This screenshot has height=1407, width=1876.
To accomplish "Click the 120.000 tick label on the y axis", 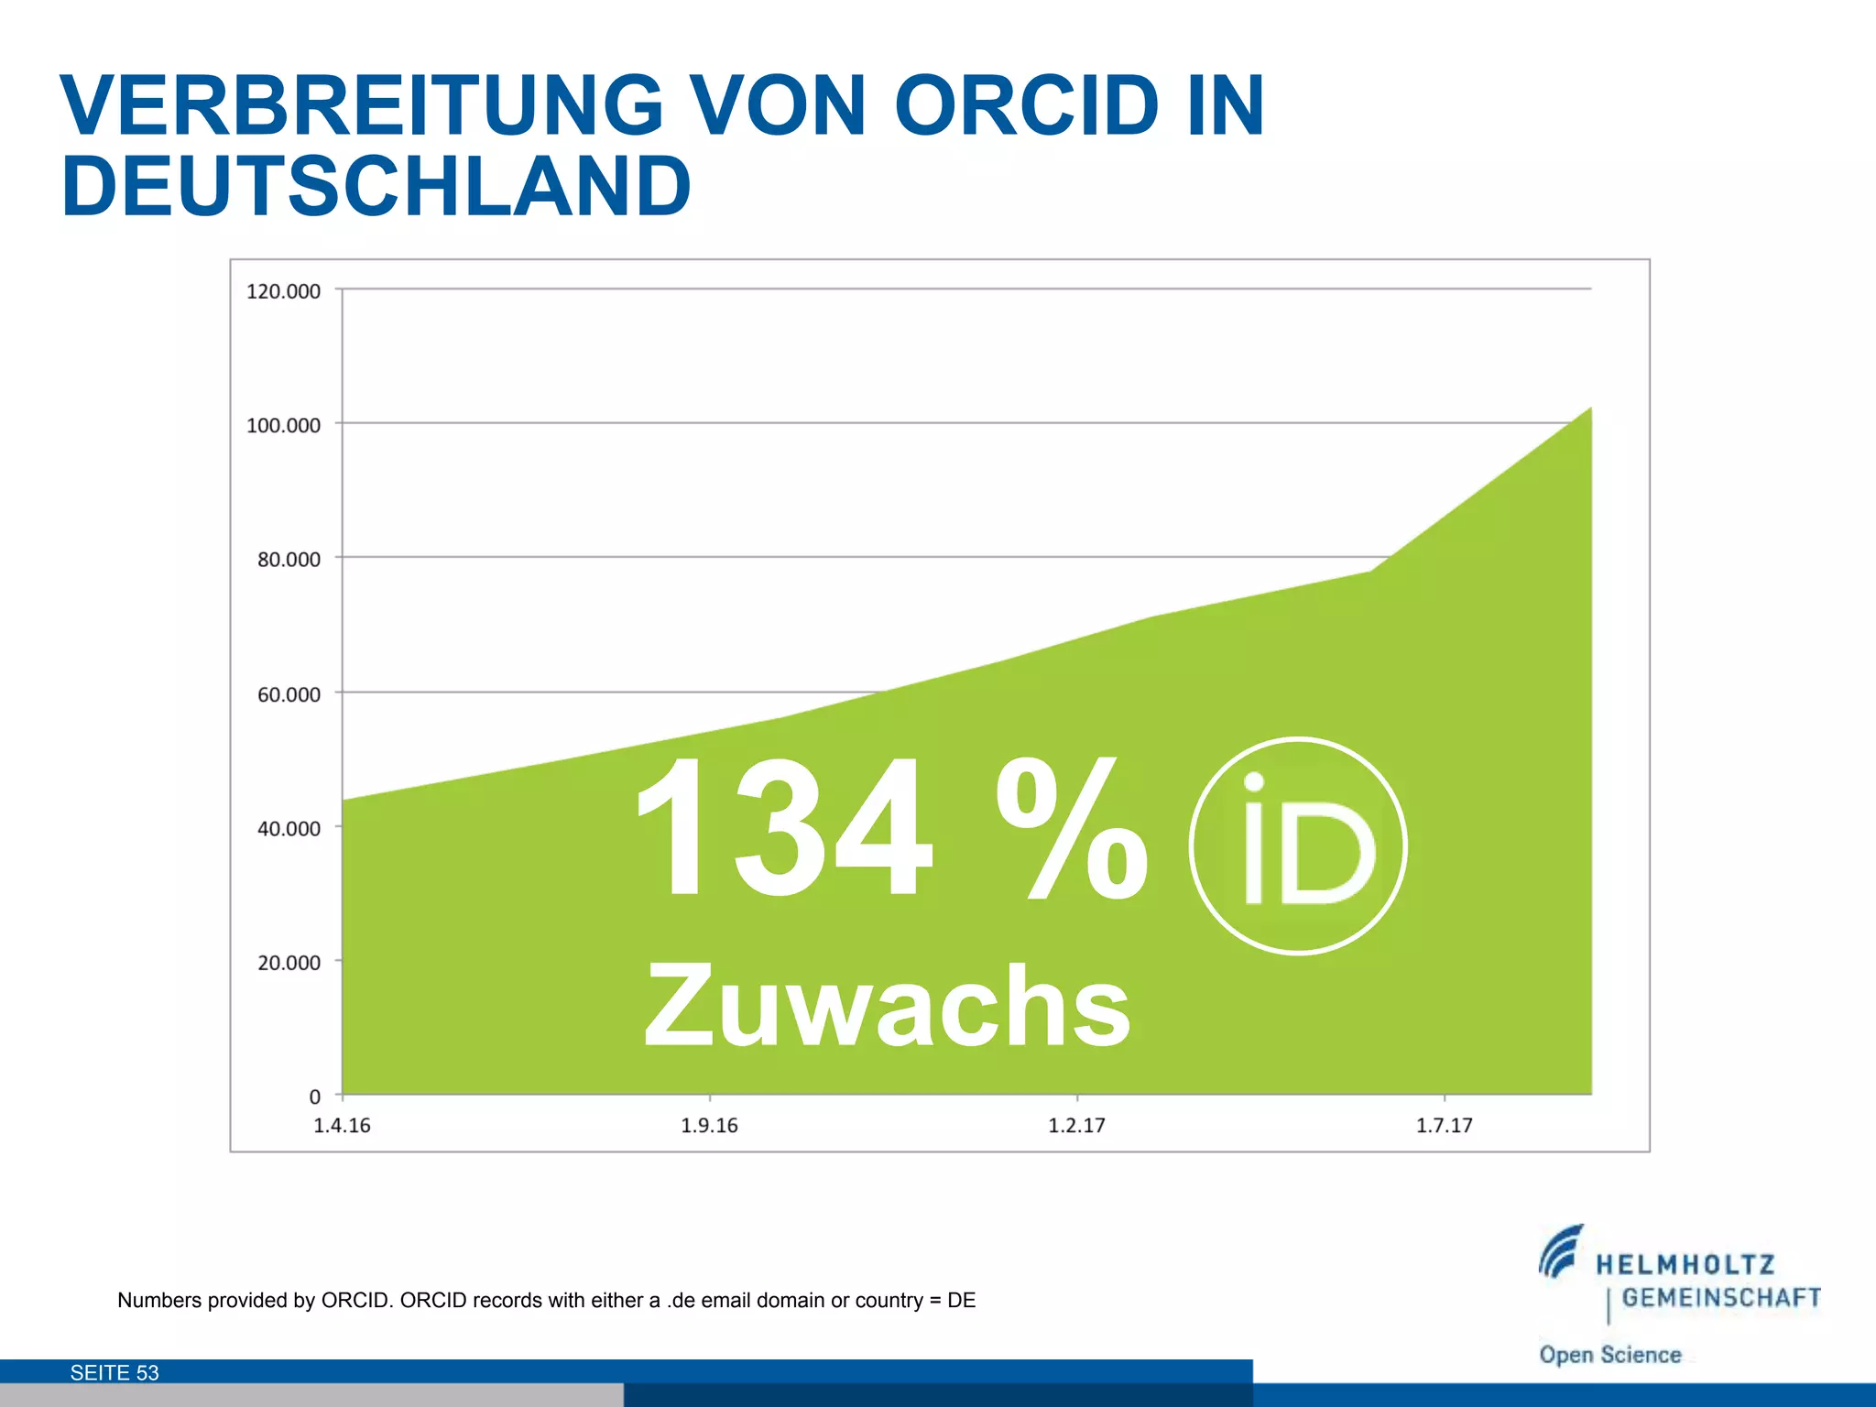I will pyautogui.click(x=283, y=291).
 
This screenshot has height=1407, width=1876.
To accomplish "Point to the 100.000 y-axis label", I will pyautogui.click(x=283, y=425).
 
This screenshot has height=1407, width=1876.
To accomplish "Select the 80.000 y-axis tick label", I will pyautogui.click(x=289, y=560).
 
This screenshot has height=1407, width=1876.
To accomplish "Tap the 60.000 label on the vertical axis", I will pyautogui.click(x=289, y=694).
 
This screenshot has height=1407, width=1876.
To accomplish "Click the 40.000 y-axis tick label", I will pyautogui.click(x=289, y=829).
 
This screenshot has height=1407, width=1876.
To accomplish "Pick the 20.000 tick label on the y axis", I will pyautogui.click(x=289, y=963).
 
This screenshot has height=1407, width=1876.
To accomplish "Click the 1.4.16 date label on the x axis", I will pyautogui.click(x=342, y=1126).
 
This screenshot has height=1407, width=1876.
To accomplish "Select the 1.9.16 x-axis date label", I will pyautogui.click(x=709, y=1126).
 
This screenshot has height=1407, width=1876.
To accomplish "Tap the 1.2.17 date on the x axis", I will pyautogui.click(x=1076, y=1126).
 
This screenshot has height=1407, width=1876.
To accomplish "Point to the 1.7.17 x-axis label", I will pyautogui.click(x=1444, y=1126).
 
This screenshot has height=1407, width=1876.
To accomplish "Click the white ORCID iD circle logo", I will pyautogui.click(x=1298, y=846).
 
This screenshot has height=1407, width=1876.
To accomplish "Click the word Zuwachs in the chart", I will pyautogui.click(x=887, y=1007).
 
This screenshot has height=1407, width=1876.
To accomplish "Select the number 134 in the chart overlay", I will pyautogui.click(x=784, y=829).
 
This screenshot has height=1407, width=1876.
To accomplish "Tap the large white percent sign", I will pyautogui.click(x=1072, y=829).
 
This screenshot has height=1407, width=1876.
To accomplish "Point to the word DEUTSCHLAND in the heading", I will pyautogui.click(x=376, y=186).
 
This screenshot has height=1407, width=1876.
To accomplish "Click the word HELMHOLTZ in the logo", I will pyautogui.click(x=1685, y=1265).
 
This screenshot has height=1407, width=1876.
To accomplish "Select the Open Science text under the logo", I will pyautogui.click(x=1609, y=1355).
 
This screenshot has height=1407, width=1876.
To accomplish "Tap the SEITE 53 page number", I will pyautogui.click(x=115, y=1372).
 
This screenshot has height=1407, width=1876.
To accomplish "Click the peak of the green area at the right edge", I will pyautogui.click(x=1588, y=409).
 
